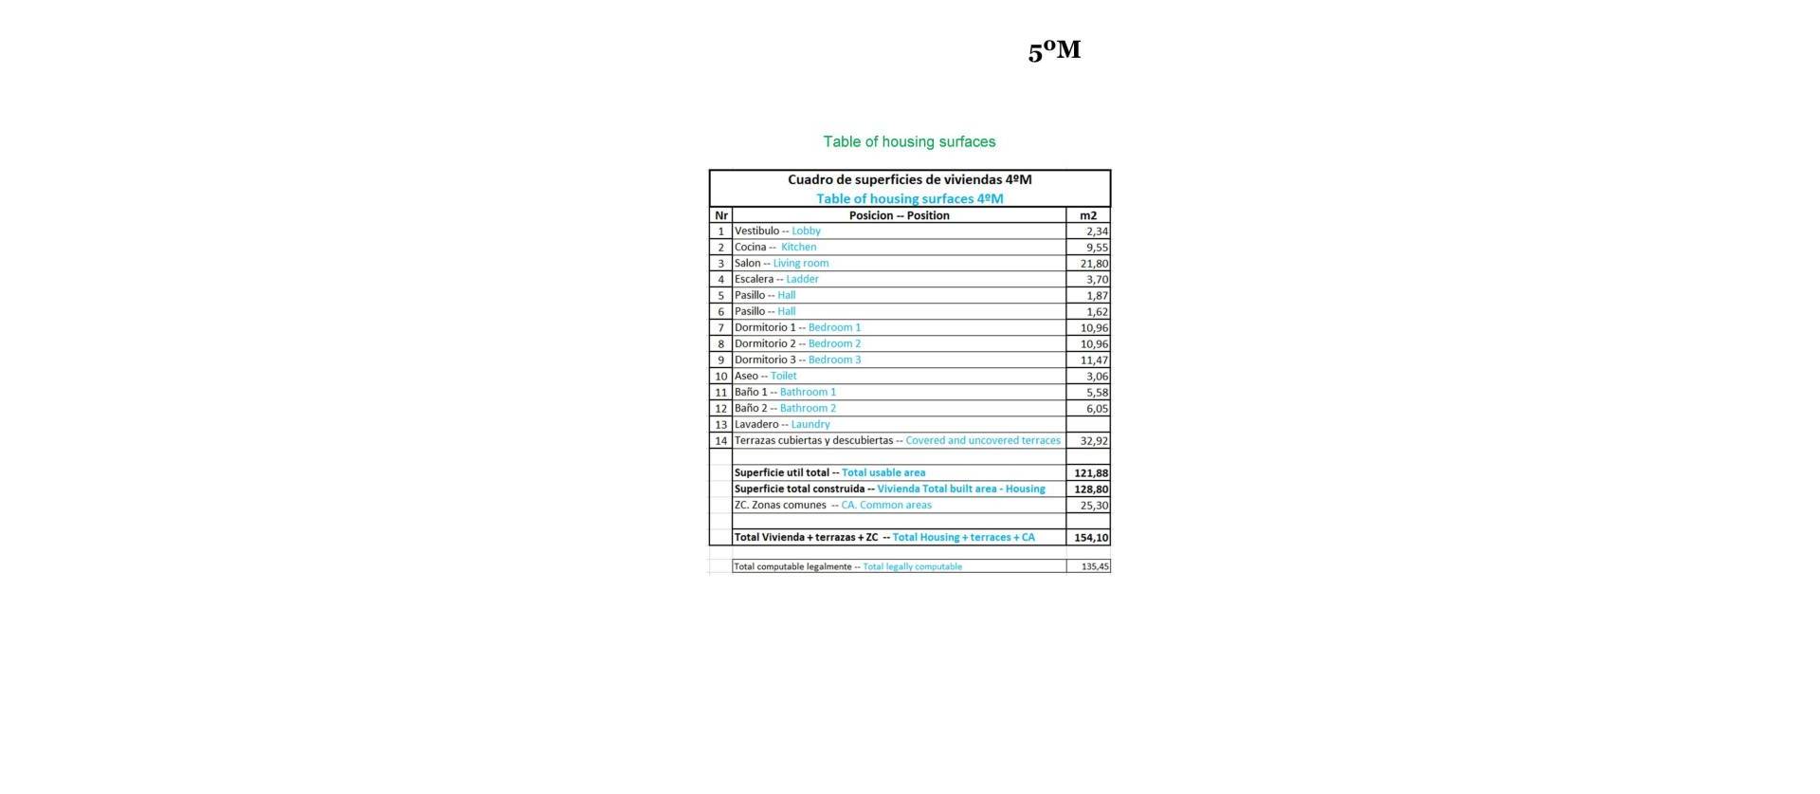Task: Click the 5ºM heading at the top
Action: point(1054,50)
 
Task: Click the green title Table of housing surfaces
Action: point(909,141)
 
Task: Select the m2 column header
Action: point(1087,215)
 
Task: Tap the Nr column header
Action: point(720,215)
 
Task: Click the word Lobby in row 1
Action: point(806,231)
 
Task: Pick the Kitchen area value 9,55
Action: point(1097,247)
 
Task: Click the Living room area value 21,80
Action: point(1094,263)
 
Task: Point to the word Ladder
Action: point(802,279)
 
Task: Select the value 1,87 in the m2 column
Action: point(1097,295)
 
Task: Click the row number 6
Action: point(720,311)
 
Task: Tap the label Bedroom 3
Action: point(834,360)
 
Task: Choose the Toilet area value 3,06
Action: point(1097,376)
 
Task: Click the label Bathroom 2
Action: point(808,408)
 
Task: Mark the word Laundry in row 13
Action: point(810,424)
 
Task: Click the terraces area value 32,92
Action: point(1094,440)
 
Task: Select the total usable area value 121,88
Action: point(1091,472)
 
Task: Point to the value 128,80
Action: point(1091,489)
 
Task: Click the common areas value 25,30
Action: point(1094,505)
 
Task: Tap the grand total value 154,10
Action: point(1091,537)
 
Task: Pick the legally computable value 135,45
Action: point(1095,566)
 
